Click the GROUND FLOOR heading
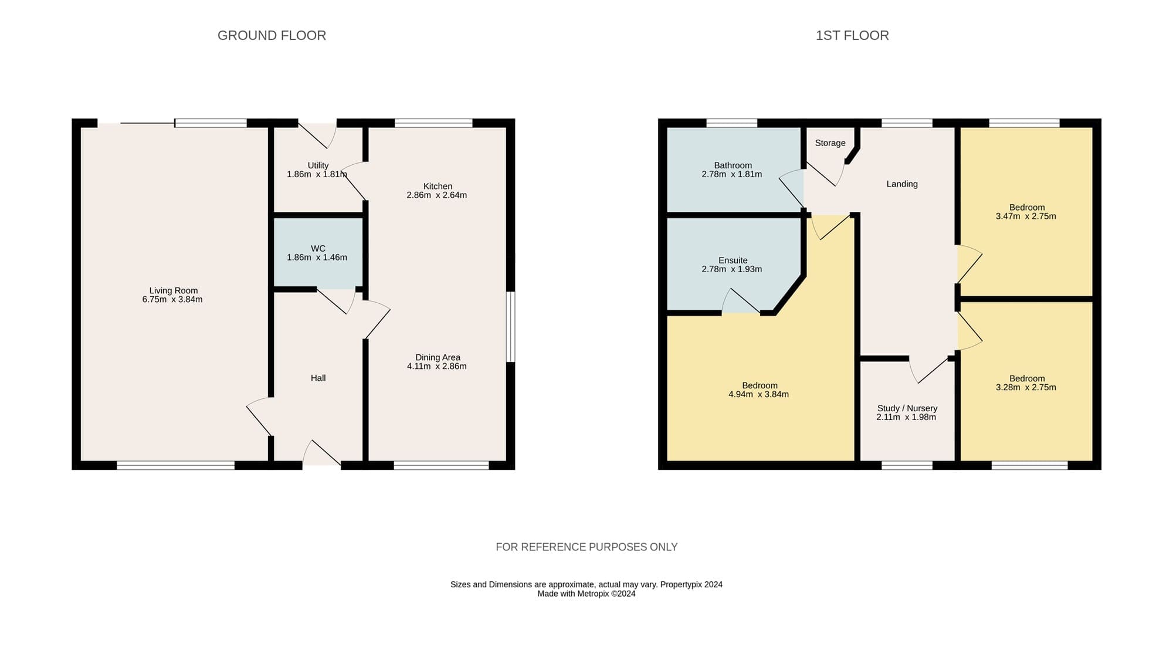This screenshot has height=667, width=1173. pos(272,35)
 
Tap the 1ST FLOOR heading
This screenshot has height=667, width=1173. pos(852,35)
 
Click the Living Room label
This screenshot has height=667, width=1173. pos(174,290)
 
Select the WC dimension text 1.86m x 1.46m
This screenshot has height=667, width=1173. pos(317,258)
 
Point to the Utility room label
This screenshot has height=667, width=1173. pos(318,165)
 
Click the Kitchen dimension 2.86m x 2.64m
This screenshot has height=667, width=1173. pos(437,195)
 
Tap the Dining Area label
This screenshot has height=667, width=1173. pos(438,357)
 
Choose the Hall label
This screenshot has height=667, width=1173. pos(318,378)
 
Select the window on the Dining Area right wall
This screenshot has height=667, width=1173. pos(511,327)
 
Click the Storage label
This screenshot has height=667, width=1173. pos(830,143)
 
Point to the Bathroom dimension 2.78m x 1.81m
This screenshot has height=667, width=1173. pos(732,174)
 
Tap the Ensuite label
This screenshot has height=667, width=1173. pos(733,260)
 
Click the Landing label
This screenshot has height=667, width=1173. pos(902,184)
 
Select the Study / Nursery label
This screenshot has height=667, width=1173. pos(907,408)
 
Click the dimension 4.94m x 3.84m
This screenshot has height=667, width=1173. pos(759,395)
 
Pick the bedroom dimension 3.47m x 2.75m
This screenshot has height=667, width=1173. pos(1026,216)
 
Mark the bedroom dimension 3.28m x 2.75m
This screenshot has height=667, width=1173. pos(1026,388)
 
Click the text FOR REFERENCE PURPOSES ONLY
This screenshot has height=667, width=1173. pos(586,547)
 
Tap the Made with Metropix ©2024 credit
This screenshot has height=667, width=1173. pos(586,594)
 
